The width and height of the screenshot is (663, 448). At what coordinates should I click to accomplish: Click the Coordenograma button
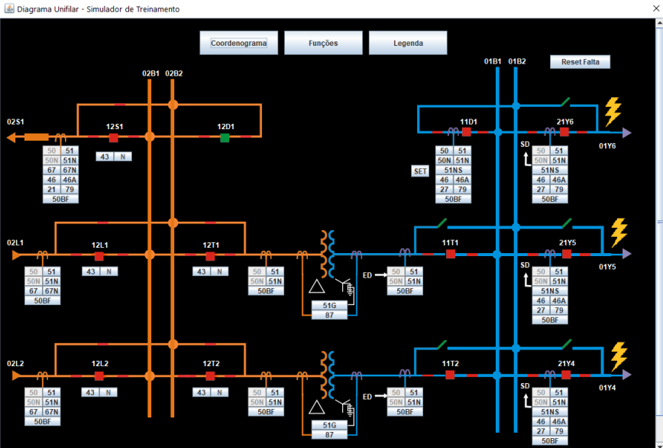pos(238,43)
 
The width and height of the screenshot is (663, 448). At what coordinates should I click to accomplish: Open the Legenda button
pos(408,43)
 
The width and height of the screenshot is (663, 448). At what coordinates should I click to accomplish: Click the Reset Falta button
pos(581,62)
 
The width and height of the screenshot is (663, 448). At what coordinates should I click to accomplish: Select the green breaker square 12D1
pos(225,138)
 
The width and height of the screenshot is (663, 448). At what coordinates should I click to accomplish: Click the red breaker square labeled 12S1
pos(113,138)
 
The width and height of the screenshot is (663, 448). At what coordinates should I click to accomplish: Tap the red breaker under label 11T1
pos(451,254)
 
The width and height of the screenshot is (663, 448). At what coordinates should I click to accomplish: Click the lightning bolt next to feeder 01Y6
pos(613,112)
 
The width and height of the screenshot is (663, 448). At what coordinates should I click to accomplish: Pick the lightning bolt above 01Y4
pos(619,355)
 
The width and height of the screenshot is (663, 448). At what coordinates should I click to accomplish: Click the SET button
pos(420,171)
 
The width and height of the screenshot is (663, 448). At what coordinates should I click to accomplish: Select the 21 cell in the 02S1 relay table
pos(52,190)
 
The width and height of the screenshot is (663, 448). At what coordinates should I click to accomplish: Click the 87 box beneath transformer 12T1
pos(329,315)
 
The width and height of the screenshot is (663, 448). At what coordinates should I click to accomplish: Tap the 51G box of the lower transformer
pos(329,425)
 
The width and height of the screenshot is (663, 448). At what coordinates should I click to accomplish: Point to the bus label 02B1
pos(150,73)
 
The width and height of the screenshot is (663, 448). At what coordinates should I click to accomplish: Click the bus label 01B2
pos(516,62)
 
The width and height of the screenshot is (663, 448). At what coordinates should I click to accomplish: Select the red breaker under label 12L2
pos(99,375)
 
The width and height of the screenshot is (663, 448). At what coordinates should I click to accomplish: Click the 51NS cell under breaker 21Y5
pos(550,291)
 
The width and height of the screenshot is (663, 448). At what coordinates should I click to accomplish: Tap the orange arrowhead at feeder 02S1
pos(11,138)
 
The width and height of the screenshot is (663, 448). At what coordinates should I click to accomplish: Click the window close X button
pos(656,8)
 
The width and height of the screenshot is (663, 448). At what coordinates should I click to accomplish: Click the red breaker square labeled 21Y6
pos(564,132)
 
